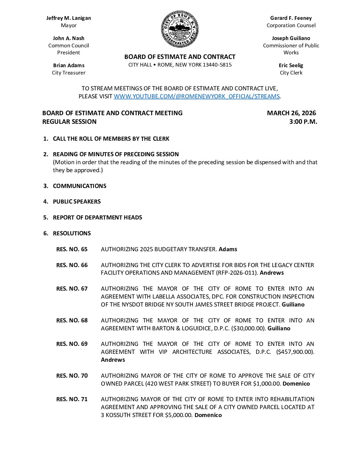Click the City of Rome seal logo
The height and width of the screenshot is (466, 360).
[x=180, y=29]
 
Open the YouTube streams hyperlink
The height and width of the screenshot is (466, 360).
[x=197, y=96]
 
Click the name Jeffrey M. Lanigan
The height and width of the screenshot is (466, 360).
[x=68, y=18]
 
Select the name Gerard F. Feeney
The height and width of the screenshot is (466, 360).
[x=291, y=18]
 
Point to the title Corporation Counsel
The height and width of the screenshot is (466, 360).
[x=291, y=25]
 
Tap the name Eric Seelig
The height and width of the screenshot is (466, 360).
[x=291, y=66]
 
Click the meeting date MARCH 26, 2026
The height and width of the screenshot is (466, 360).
[x=291, y=113]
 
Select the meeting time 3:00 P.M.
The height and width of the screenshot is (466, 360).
[x=303, y=122]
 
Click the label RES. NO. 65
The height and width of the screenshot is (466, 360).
[x=72, y=249]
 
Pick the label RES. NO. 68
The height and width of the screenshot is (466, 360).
[x=72, y=320]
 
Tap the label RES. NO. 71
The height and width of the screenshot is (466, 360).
[x=72, y=399]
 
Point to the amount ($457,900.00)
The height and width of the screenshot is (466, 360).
[x=295, y=352]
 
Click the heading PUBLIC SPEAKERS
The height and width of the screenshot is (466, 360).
[x=77, y=202]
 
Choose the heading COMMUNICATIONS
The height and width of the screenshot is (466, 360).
[x=79, y=186]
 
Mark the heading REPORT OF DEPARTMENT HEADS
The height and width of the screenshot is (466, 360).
[x=97, y=217]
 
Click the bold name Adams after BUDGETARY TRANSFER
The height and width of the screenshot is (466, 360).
[x=228, y=249]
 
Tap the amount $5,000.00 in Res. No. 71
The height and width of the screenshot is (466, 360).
[x=179, y=415]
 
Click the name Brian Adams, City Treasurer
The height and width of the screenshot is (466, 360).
[x=68, y=66]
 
